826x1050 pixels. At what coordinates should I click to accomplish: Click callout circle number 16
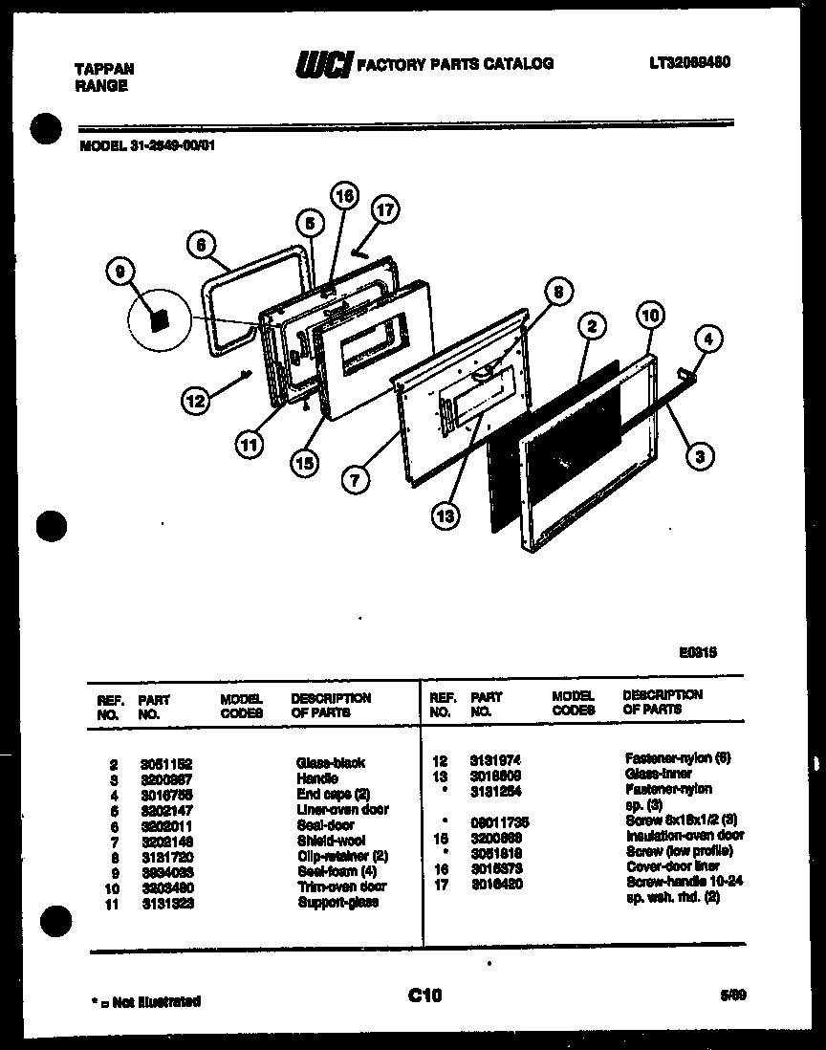[x=343, y=195]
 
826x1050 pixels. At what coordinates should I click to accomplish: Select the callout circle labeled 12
[x=196, y=403]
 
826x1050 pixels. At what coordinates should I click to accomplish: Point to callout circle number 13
[x=446, y=515]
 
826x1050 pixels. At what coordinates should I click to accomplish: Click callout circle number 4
[x=708, y=338]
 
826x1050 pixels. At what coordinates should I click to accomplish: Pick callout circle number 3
[x=701, y=457]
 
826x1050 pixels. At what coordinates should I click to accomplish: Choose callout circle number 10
[x=649, y=315]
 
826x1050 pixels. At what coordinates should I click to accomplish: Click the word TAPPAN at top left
[x=104, y=69]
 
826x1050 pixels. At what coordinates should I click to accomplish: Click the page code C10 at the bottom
[x=424, y=996]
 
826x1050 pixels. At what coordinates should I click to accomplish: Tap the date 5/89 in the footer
[x=733, y=995]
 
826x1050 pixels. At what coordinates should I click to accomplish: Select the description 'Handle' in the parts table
[x=317, y=778]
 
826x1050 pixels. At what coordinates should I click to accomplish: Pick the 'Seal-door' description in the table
[x=325, y=824]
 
